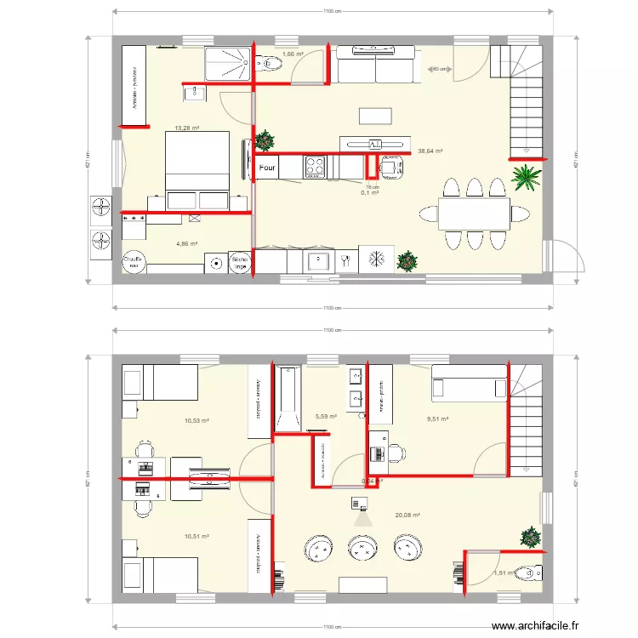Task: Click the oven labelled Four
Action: pyautogui.click(x=267, y=168)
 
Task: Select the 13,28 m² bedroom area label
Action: pyautogui.click(x=187, y=128)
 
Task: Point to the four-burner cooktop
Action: pyautogui.click(x=315, y=166)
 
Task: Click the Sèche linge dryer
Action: pyautogui.click(x=241, y=262)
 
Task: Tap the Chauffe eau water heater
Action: pyautogui.click(x=132, y=262)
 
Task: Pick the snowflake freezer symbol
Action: pyautogui.click(x=376, y=259)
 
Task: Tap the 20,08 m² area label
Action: pyautogui.click(x=407, y=515)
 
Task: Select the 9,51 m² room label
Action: pyautogui.click(x=437, y=419)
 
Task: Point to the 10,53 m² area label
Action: pyautogui.click(x=197, y=420)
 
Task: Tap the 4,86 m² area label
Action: pyautogui.click(x=187, y=244)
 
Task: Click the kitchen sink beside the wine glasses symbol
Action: pyautogui.click(x=318, y=259)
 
